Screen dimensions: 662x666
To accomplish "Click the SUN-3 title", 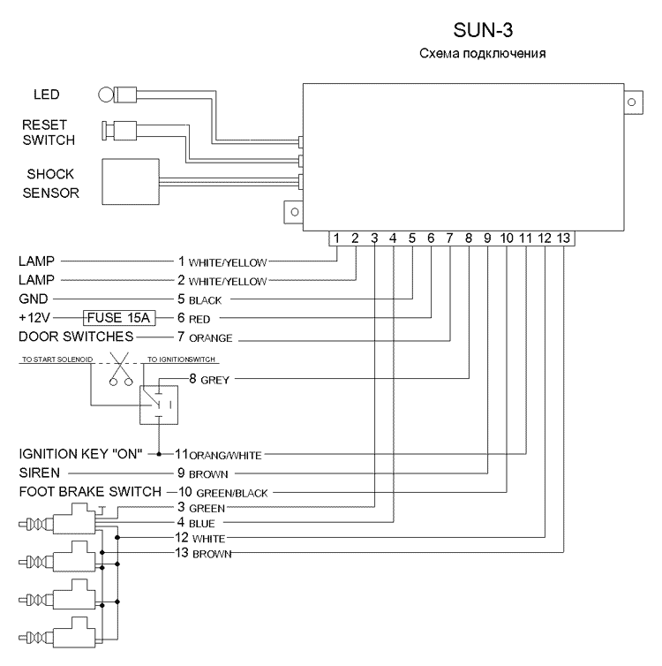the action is (x=483, y=30).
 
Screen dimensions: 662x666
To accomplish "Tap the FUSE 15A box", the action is (x=119, y=318).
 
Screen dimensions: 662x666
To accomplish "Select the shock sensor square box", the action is (x=131, y=182).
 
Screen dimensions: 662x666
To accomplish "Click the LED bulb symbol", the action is (x=106, y=95).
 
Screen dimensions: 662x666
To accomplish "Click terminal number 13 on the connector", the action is (x=563, y=238).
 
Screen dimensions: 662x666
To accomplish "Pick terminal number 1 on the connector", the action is (x=336, y=238).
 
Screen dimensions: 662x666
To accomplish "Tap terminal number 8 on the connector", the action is (x=469, y=238).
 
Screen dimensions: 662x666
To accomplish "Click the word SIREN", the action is (x=40, y=473).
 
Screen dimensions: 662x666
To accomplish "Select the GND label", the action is (x=34, y=299).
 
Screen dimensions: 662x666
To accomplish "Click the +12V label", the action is (x=34, y=318).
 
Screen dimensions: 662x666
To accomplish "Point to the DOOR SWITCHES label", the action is (x=77, y=337).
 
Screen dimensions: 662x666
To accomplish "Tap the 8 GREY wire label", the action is (x=209, y=379).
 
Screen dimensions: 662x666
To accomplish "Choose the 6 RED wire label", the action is (x=194, y=318).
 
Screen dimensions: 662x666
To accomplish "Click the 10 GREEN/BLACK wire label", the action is (x=223, y=492).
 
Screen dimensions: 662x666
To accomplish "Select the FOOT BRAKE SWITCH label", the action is (x=90, y=492).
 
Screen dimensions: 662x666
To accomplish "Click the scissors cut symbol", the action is (x=121, y=368).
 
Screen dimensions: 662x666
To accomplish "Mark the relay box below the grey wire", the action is (x=159, y=405).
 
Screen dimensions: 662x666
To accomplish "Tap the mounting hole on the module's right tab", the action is (x=631, y=102).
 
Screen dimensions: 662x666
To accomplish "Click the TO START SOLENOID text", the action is (x=57, y=359).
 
